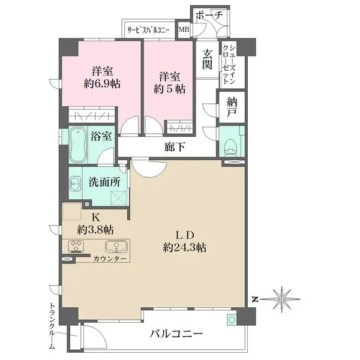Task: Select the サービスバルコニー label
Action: pyautogui.click(x=148, y=29)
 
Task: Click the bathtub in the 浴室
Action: pyautogui.click(x=78, y=146)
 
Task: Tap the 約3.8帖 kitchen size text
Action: pyautogui.click(x=96, y=229)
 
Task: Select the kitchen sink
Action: pyautogui.click(x=115, y=247)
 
